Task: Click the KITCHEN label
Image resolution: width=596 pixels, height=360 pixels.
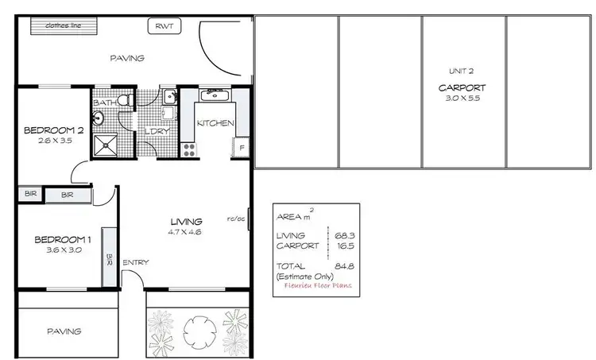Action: point(215,123)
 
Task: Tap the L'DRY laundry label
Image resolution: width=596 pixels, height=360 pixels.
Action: point(157,131)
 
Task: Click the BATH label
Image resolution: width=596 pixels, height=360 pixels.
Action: point(105,103)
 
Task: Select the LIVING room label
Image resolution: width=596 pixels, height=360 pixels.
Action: point(187,221)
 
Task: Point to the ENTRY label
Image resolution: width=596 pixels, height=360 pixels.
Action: point(135,263)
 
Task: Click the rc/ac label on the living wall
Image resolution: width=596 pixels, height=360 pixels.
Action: point(235,219)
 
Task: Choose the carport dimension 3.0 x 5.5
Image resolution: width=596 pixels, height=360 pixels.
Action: point(462,98)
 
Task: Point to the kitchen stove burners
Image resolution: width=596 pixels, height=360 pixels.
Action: point(189,147)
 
